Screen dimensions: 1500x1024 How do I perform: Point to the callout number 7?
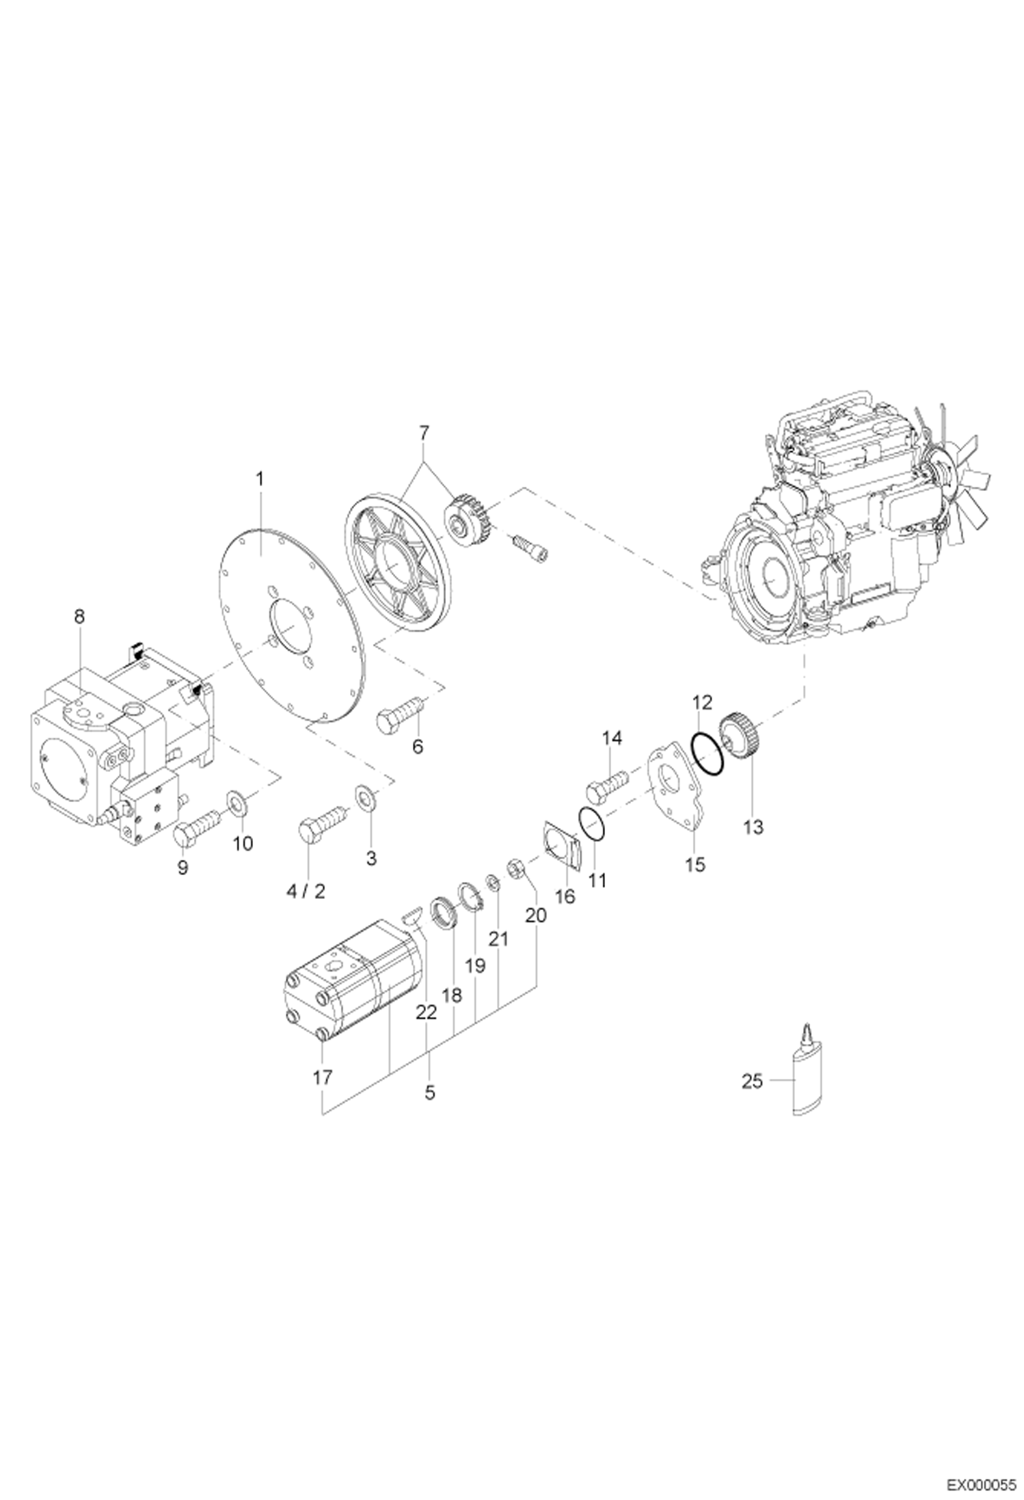click(423, 432)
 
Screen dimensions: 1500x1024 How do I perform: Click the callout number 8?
click(79, 616)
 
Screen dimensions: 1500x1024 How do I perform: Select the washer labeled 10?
click(237, 800)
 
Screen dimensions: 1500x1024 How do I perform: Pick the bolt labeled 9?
click(195, 826)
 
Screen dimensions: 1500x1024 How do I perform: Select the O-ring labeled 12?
click(705, 755)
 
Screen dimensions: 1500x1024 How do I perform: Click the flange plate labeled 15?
click(672, 792)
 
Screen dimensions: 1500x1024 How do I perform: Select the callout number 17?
click(322, 1077)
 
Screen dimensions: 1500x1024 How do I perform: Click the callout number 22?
click(425, 1013)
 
